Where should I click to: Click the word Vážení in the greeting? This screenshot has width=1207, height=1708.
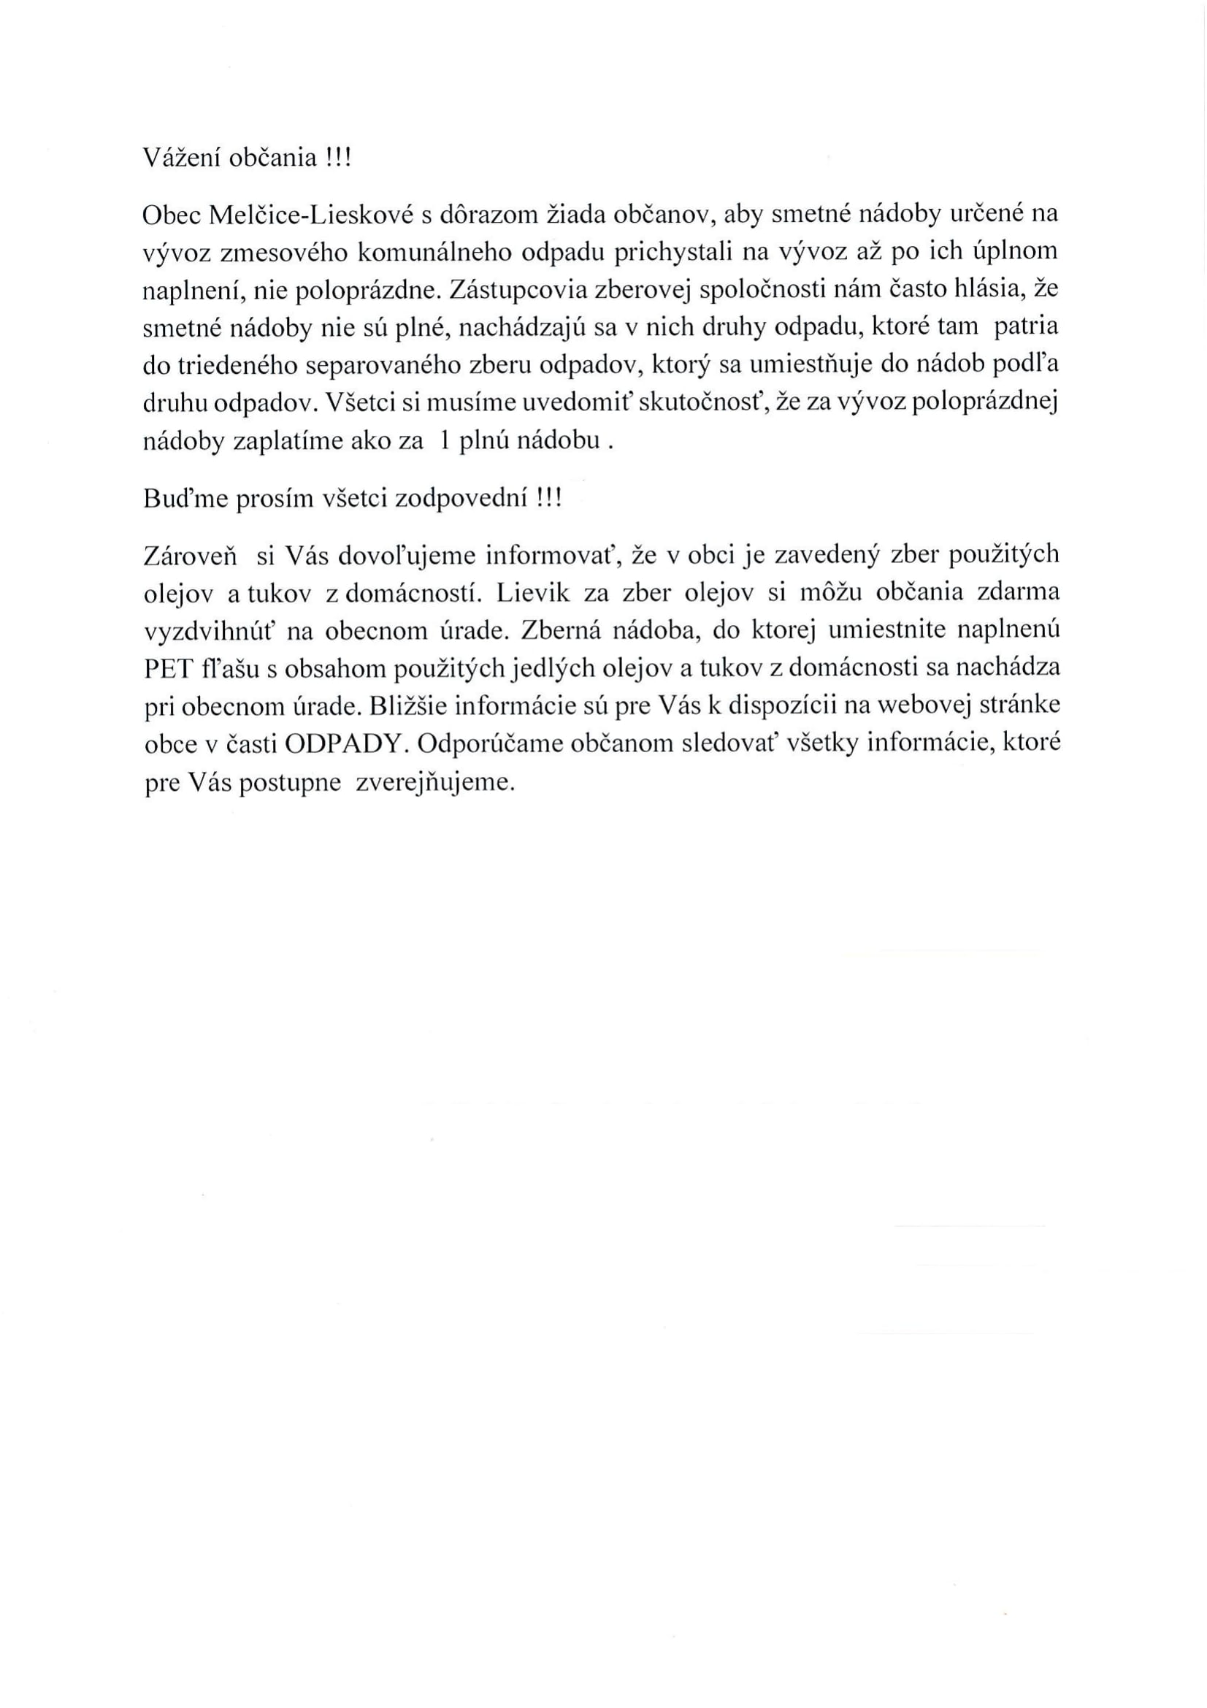tap(177, 158)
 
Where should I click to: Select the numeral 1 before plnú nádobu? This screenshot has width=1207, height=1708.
tap(444, 442)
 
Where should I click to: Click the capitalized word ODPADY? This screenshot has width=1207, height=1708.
tap(344, 746)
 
